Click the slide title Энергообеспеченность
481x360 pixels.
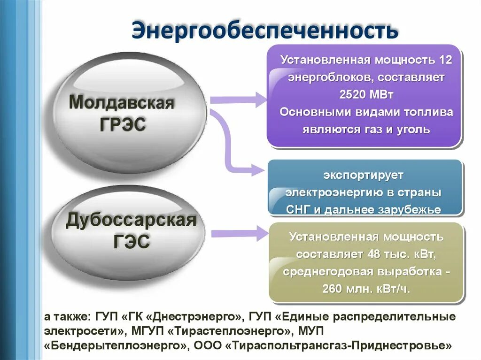(x=265, y=30)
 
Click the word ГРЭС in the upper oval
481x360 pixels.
(x=123, y=124)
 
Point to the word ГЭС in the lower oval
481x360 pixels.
(x=132, y=242)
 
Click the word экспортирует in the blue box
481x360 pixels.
(x=363, y=176)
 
